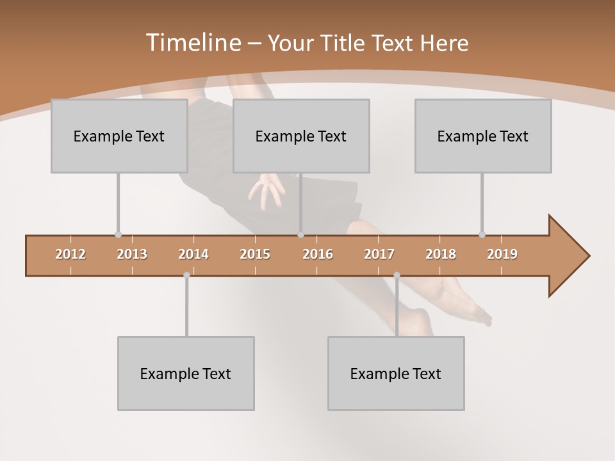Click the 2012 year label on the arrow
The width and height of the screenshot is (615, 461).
pyautogui.click(x=70, y=254)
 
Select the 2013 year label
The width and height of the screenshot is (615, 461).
pyautogui.click(x=132, y=254)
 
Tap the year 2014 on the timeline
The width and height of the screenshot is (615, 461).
pyautogui.click(x=193, y=254)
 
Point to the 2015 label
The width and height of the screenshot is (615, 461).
pyautogui.click(x=255, y=254)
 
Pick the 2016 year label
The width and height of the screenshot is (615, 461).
pyautogui.click(x=318, y=254)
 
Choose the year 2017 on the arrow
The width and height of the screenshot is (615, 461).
pyautogui.click(x=379, y=254)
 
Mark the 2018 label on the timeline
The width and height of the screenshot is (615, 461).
pyautogui.click(x=441, y=254)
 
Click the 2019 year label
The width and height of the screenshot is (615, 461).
pyautogui.click(x=502, y=254)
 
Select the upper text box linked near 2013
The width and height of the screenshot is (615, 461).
pyautogui.click(x=119, y=136)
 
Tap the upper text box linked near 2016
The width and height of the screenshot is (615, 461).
pyautogui.click(x=301, y=136)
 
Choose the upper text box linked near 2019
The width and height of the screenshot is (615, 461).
pyautogui.click(x=483, y=136)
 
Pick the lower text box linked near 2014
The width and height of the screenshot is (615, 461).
pyautogui.click(x=186, y=373)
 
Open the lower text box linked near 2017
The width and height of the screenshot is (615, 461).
pyautogui.click(x=396, y=373)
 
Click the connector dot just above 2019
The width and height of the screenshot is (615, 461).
pyautogui.click(x=482, y=234)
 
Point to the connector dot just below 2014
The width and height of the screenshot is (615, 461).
pyautogui.click(x=186, y=275)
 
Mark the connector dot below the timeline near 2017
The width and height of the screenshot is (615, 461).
pyautogui.click(x=397, y=275)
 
